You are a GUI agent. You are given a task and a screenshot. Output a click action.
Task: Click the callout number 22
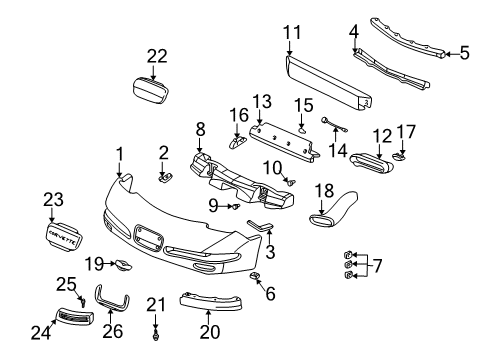point(156,56)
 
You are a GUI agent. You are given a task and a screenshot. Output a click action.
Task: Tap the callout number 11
point(290,32)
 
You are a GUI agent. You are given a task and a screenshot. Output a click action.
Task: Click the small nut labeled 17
point(400,156)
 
